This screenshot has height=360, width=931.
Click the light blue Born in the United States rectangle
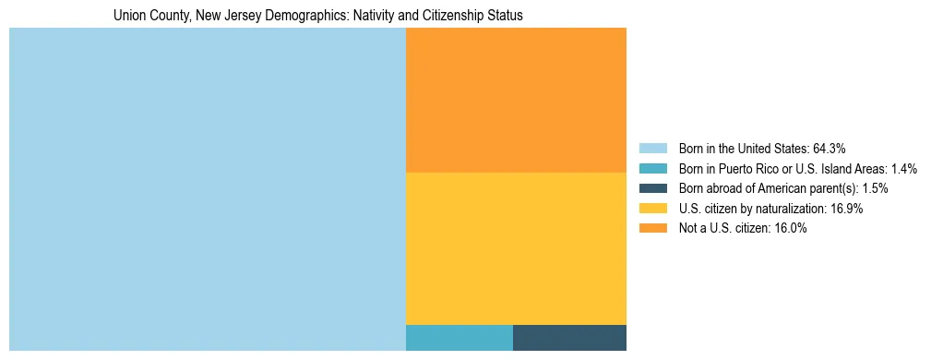[x=208, y=189]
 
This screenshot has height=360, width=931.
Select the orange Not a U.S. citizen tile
[x=516, y=100]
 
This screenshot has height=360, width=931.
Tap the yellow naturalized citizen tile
[x=516, y=248]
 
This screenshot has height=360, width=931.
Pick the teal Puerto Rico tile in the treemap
[x=460, y=338]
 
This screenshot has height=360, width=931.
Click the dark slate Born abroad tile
[x=569, y=338]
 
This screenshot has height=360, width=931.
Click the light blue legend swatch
[x=652, y=149]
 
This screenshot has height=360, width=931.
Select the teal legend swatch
[x=652, y=169]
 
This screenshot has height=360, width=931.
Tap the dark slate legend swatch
[x=652, y=188]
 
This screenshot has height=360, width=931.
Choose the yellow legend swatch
[x=652, y=209]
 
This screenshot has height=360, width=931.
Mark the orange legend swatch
[x=652, y=229]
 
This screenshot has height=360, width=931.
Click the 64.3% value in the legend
[x=830, y=149]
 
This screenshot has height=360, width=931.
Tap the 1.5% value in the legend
[x=875, y=188]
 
